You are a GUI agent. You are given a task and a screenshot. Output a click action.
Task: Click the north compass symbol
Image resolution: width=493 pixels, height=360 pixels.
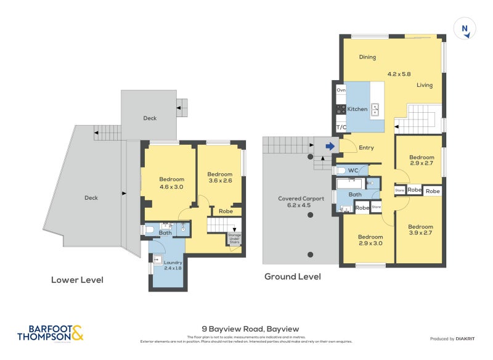[x=465, y=28]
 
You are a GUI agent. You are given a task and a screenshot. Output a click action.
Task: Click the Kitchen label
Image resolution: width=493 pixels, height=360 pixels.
[x=357, y=109]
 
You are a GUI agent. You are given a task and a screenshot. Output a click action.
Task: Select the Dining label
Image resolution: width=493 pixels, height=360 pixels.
[x=367, y=57]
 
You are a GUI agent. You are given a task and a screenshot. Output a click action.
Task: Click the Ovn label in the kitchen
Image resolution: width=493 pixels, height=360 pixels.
[x=341, y=90]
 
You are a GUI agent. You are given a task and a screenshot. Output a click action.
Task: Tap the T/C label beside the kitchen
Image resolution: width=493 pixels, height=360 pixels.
[x=341, y=127]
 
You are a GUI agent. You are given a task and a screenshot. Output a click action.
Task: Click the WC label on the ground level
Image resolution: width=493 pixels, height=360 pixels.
[x=353, y=170]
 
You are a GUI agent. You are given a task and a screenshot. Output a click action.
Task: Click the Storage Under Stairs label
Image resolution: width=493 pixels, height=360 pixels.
[x=235, y=239]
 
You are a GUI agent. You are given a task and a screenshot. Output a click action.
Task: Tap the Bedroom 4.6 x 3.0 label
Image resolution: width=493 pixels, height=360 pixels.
[x=163, y=182]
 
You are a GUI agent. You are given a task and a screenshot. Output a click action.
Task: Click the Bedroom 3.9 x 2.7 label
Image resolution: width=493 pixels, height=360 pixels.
[x=421, y=229]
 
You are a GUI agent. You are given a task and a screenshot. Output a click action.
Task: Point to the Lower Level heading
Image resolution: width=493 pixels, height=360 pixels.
[x=77, y=280]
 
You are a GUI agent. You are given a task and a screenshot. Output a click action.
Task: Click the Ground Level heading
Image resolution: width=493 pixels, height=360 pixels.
[x=293, y=277]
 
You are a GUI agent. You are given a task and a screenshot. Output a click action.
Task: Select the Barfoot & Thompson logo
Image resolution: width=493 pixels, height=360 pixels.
[x=50, y=333]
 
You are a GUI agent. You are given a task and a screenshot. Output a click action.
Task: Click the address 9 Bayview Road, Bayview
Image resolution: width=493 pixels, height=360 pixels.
[x=250, y=329]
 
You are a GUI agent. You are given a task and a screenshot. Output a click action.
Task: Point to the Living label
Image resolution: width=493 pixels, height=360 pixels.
[x=425, y=85]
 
